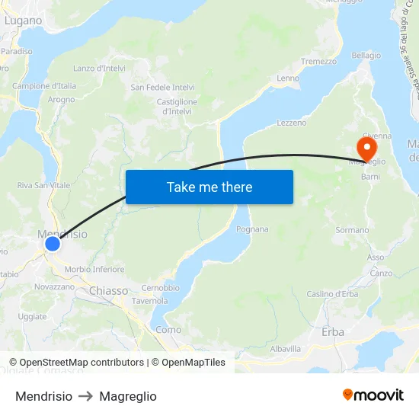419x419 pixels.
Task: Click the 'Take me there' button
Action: pyautogui.click(x=209, y=187)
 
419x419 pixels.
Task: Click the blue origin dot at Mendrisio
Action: pyautogui.click(x=52, y=244)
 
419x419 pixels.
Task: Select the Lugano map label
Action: pyautogui.click(x=23, y=21)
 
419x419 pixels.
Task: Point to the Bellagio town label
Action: pyautogui.click(x=366, y=56)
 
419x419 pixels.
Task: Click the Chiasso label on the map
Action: pyautogui.click(x=109, y=290)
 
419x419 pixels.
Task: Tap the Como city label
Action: pyautogui.click(x=168, y=330)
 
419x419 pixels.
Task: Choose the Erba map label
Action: pyautogui.click(x=333, y=331)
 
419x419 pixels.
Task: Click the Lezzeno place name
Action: pyautogui.click(x=292, y=123)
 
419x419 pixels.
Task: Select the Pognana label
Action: pyautogui.click(x=252, y=229)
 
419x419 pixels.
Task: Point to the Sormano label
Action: pyautogui.click(x=352, y=230)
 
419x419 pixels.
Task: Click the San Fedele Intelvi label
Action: pyautogui.click(x=163, y=87)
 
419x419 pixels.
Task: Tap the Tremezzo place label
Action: pyautogui.click(x=318, y=62)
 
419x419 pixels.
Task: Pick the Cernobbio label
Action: pyautogui.click(x=160, y=288)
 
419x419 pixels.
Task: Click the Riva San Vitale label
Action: pyautogui.click(x=43, y=185)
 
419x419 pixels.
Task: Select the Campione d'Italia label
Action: pyautogui.click(x=44, y=86)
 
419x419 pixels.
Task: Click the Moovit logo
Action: pyautogui.click(x=373, y=395)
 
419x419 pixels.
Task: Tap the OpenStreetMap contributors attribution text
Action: pyautogui.click(x=76, y=363)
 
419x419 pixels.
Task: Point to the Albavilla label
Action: pyautogui.click(x=286, y=348)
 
